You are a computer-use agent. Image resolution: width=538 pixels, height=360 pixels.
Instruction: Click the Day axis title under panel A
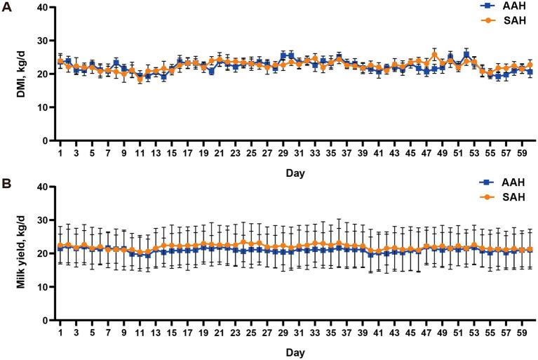[x=295, y=171]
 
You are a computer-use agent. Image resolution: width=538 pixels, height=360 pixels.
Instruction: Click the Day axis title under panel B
[x=295, y=350]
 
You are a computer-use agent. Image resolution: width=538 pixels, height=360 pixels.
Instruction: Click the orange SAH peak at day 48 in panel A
[x=434, y=55]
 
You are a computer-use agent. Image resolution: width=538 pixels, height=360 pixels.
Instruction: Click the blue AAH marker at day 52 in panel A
[x=466, y=55]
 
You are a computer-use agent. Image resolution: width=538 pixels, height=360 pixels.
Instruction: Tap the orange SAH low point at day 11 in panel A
[x=140, y=79]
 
